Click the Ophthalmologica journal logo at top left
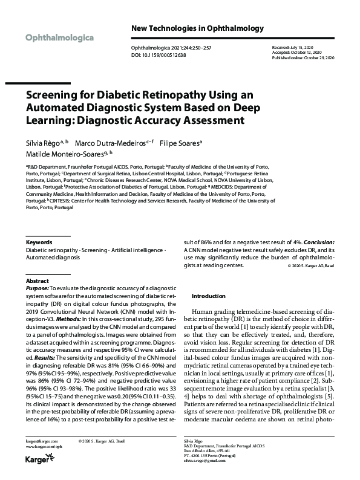[59, 37]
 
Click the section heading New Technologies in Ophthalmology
[197, 28]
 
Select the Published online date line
[304, 57]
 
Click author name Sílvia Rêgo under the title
[46, 143]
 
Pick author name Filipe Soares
[180, 143]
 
